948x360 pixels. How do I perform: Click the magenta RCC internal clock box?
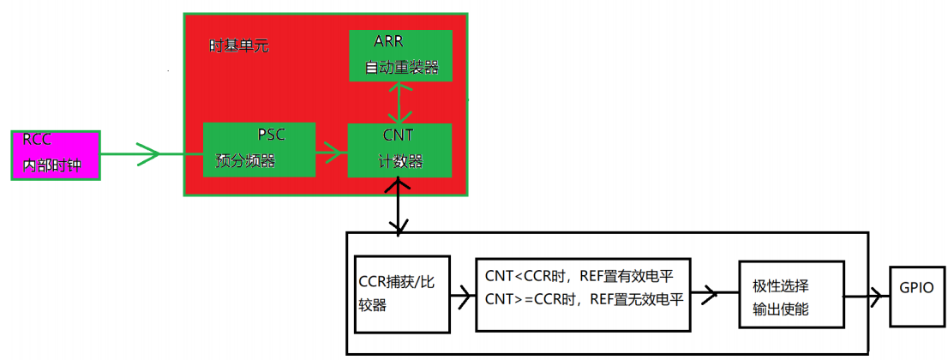pyautogui.click(x=56, y=155)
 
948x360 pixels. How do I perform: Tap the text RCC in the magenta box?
pyautogui.click(x=37, y=141)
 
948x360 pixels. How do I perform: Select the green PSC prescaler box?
pyautogui.click(x=259, y=150)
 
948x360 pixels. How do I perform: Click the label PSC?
pyautogui.click(x=271, y=135)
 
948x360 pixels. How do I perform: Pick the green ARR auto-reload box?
pyautogui.click(x=400, y=56)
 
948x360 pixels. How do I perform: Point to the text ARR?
pyautogui.click(x=388, y=41)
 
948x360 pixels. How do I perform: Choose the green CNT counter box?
pyautogui.click(x=399, y=150)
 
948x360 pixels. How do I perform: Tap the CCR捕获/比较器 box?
pyautogui.click(x=402, y=293)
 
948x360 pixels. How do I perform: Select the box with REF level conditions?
pyautogui.click(x=583, y=293)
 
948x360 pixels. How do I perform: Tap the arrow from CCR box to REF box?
pyautogui.click(x=463, y=297)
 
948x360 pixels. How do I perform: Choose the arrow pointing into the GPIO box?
pyautogui.click(x=867, y=297)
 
